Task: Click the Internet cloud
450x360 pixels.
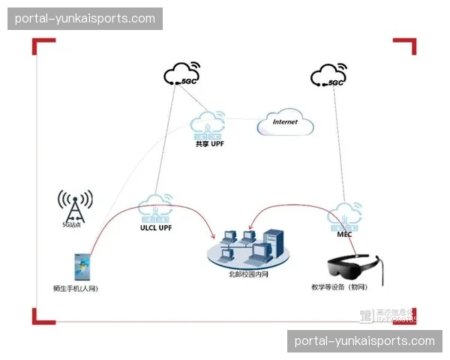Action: pyautogui.click(x=284, y=123)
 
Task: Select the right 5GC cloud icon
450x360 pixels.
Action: pyautogui.click(x=328, y=74)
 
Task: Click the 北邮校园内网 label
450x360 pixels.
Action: pyautogui.click(x=248, y=274)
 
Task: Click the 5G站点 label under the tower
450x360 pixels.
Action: pyautogui.click(x=73, y=224)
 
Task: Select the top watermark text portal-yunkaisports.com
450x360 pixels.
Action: pyautogui.click(x=85, y=19)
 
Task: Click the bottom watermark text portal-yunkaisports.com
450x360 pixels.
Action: pyautogui.click(x=364, y=340)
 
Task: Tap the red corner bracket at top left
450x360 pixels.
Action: pyautogui.click(x=42, y=46)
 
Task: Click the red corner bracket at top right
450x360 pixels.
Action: pyautogui.click(x=405, y=46)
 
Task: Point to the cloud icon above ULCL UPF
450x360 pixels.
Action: pyautogui.click(x=157, y=207)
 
